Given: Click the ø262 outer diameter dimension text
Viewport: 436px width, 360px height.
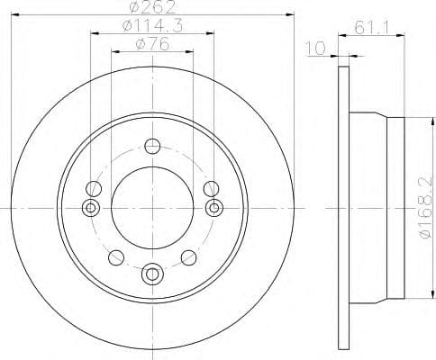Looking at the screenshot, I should click(151, 9).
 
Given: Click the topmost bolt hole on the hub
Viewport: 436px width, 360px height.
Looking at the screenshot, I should click(152, 147).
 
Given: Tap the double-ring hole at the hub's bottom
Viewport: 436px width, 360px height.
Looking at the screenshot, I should click(152, 273).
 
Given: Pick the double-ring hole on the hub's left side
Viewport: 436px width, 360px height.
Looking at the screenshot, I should click(90, 209).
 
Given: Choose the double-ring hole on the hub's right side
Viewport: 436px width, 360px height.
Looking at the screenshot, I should click(213, 209).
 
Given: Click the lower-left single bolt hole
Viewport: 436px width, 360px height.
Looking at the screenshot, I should click(114, 259).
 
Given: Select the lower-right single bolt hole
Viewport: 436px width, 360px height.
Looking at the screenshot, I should click(189, 259).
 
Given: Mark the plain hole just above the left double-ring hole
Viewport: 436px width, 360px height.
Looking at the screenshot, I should click(93, 189).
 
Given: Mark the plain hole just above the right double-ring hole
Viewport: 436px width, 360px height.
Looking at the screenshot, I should click(211, 189).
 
